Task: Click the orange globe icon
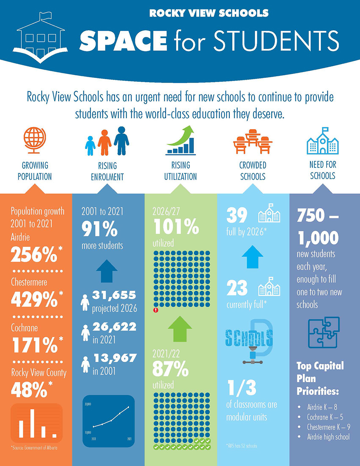pos(35,140)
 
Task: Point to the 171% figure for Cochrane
pos(35,345)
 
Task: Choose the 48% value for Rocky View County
pos(29,389)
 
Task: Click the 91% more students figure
pos(100,229)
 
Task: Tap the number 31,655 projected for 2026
pos(114,295)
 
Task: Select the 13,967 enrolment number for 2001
pos(115,358)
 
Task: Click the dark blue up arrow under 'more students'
pos(107,271)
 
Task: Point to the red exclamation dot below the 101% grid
pos(156,310)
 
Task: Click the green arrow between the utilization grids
pos(180,329)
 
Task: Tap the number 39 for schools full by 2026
pos(237,215)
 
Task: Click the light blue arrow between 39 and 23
pos(252,257)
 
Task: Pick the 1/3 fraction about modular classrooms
pos(242,388)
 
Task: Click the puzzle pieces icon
pos(324,332)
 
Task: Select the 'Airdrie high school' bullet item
pos(328,437)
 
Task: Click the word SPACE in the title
pos(123,41)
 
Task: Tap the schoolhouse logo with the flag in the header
pos(41,39)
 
